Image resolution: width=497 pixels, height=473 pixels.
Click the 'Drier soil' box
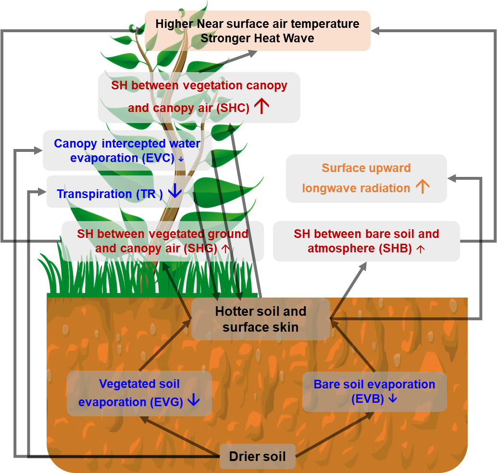click(x=258, y=457)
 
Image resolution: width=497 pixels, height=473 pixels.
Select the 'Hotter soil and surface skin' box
click(x=261, y=319)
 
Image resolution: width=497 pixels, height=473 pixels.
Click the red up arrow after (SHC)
click(x=261, y=107)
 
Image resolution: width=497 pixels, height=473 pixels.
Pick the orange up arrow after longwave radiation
click(x=422, y=187)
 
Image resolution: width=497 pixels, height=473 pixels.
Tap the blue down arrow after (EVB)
click(x=392, y=398)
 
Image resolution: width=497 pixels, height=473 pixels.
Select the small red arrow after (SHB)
click(x=421, y=249)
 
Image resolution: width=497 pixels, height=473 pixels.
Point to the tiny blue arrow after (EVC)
click(x=181, y=159)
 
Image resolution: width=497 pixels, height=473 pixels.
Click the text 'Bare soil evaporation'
click(x=374, y=385)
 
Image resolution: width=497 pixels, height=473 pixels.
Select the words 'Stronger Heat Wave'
click(x=257, y=38)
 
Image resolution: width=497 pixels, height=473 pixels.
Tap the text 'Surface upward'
click(x=366, y=168)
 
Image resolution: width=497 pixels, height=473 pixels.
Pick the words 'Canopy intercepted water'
click(x=127, y=143)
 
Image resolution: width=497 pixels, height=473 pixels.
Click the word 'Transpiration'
click(x=94, y=194)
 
